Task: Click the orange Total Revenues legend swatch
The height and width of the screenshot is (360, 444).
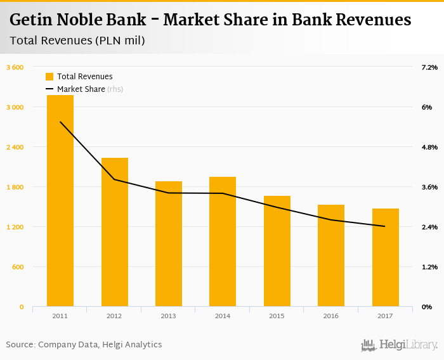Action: [49, 77]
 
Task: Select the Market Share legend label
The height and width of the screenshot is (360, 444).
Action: [81, 89]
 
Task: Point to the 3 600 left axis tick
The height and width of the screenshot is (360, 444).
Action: [15, 67]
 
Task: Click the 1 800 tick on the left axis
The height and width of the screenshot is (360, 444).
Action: [15, 187]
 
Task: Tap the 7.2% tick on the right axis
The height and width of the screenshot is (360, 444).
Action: [429, 67]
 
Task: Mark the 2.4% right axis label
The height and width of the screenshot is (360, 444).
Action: [429, 227]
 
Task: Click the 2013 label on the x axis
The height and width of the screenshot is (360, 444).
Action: [169, 316]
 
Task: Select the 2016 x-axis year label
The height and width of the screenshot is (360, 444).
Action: [331, 316]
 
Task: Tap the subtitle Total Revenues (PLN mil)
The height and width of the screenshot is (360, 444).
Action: [77, 41]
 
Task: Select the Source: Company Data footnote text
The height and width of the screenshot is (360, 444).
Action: [84, 345]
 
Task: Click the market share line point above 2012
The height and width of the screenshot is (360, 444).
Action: [115, 179]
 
